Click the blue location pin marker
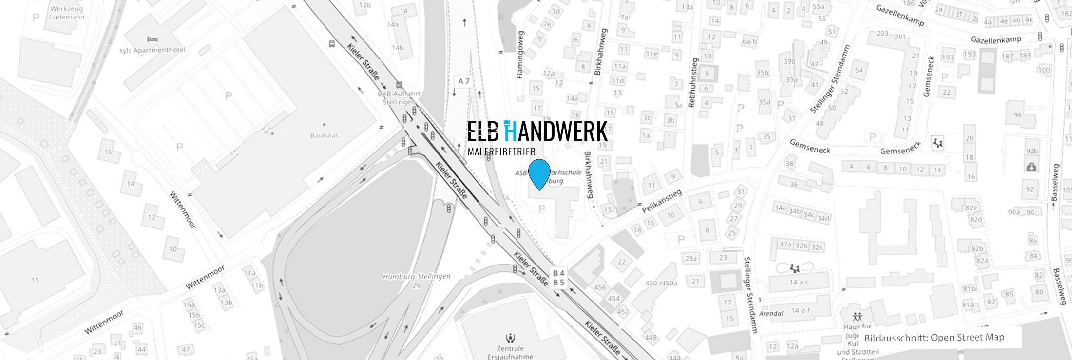[539, 173]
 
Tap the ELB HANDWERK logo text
[537, 132]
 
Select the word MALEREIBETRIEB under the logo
[501, 152]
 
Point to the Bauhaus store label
[324, 135]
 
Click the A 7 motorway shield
[463, 81]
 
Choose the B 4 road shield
[558, 273]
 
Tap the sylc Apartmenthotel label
[153, 50]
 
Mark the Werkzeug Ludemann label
[67, 13]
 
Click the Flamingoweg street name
[520, 55]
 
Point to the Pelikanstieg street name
[661, 201]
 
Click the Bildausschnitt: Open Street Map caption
[934, 338]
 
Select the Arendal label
[771, 313]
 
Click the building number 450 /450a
[661, 283]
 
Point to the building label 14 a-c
[800, 282]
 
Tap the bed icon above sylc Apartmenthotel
[152, 39]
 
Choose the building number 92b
[1032, 152]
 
